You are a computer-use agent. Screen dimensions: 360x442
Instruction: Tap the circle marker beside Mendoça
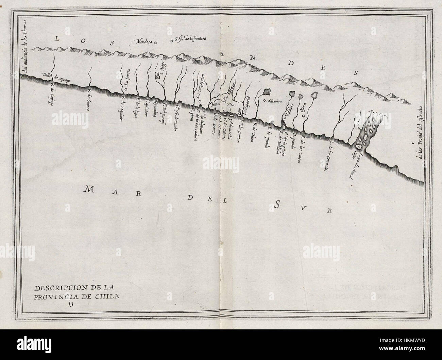(156, 43)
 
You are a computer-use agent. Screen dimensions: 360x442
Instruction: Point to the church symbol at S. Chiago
(158, 78)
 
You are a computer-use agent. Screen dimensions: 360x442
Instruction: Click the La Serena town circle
(125, 89)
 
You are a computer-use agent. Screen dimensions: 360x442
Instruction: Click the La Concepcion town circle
(200, 101)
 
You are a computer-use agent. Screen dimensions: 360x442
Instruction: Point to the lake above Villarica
(267, 92)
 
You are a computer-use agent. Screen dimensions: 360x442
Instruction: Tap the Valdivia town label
(288, 109)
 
